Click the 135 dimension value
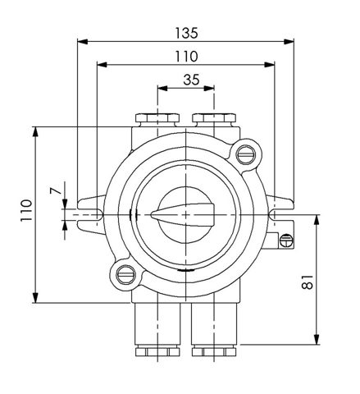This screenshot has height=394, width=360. (x=186, y=33)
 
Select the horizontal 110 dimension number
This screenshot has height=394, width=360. (x=186, y=57)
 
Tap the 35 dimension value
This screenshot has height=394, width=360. (x=191, y=80)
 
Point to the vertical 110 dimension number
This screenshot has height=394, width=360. (x=27, y=210)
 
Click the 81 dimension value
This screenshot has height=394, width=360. (x=308, y=282)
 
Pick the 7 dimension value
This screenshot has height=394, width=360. (x=56, y=190)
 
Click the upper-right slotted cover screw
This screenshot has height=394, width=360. (x=245, y=155)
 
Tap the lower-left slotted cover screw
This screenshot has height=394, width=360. (x=125, y=275)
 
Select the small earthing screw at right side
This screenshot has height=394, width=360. (x=286, y=241)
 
